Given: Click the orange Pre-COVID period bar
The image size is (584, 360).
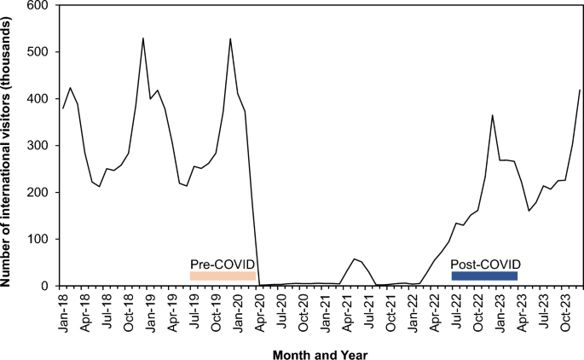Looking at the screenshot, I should click(223, 276).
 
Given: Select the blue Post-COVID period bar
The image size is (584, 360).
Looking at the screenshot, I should click(484, 276).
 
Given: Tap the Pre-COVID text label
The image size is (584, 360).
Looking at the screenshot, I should click(223, 264).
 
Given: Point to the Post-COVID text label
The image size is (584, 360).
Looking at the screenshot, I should click(485, 264).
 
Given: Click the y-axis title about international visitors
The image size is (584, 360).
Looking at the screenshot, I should click(9, 145).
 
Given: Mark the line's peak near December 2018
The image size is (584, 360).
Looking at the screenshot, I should click(143, 38).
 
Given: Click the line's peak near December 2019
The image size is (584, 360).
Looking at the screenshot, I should click(230, 38).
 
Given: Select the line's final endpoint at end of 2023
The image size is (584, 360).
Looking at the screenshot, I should click(580, 90).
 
